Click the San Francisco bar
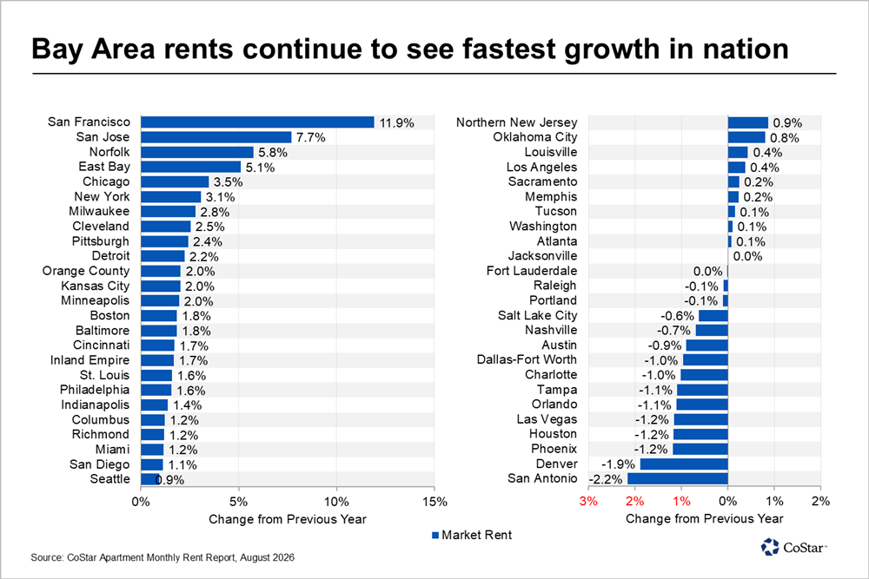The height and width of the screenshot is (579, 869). [x=258, y=122]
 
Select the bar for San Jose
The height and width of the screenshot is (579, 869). [x=216, y=137]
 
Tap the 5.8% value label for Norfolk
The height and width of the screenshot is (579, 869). [x=273, y=152]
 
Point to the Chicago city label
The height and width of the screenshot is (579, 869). [x=106, y=181]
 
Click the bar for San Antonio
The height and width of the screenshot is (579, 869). [x=678, y=478]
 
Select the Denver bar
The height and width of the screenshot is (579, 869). [x=684, y=464]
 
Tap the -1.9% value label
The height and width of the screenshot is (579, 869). [x=618, y=464]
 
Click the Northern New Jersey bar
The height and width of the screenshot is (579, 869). [x=748, y=122]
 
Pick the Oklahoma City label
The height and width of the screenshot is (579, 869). [x=534, y=137]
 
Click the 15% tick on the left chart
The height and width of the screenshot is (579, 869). [x=434, y=502]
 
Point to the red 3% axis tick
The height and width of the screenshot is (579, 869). [x=588, y=501]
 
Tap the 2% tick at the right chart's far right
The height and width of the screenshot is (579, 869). [x=821, y=501]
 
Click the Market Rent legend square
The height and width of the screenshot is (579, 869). [x=435, y=536]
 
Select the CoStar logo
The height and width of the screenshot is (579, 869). [x=793, y=547]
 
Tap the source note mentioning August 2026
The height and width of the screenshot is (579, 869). [x=163, y=557]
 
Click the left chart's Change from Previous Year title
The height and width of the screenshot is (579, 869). [x=288, y=519]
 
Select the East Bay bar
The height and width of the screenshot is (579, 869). [x=190, y=168]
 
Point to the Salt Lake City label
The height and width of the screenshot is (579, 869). [x=537, y=315]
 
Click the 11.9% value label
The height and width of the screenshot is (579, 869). [x=397, y=123]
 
